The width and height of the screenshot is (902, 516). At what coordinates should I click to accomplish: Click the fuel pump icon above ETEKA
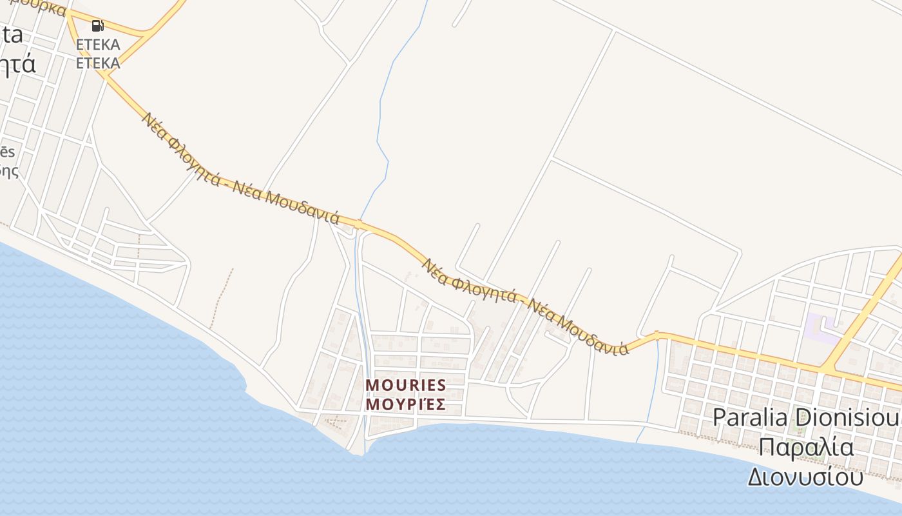(97, 26)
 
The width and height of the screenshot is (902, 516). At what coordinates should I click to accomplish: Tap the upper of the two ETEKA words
(98, 45)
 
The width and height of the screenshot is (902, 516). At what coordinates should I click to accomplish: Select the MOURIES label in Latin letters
(406, 385)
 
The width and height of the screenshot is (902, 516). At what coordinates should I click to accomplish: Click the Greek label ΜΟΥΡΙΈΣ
(406, 404)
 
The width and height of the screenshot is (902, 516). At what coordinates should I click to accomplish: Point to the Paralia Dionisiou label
(805, 417)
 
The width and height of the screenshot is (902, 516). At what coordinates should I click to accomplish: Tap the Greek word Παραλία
(805, 447)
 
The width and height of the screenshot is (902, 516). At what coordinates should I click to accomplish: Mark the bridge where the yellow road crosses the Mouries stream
(358, 226)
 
